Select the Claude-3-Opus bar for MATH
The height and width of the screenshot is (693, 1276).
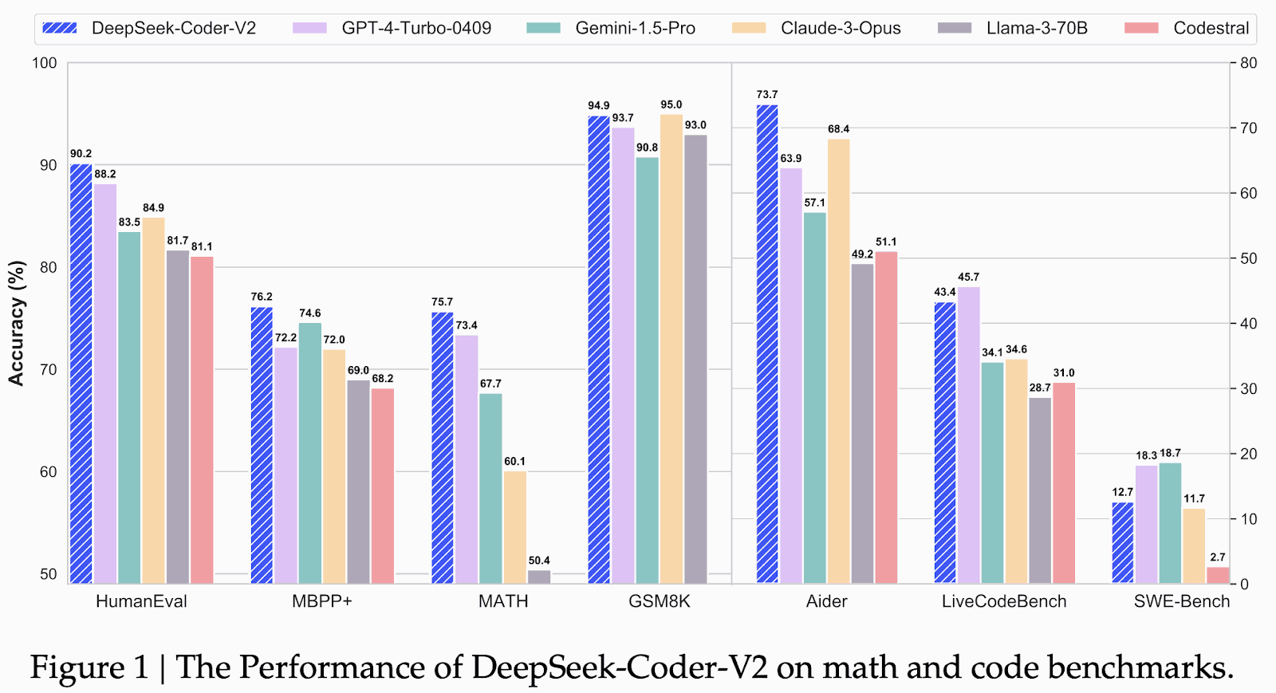tap(514, 527)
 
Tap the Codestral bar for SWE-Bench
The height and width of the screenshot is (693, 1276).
tap(1218, 575)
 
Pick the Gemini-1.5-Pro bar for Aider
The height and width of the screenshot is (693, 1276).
tap(815, 398)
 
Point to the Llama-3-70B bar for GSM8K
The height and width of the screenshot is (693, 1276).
tap(695, 359)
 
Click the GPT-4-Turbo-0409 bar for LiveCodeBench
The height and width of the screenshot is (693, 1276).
tap(969, 435)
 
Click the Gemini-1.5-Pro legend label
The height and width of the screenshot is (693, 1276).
tap(635, 29)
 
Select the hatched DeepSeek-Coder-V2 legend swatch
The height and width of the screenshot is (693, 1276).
tap(60, 29)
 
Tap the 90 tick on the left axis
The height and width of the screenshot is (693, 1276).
tap(49, 165)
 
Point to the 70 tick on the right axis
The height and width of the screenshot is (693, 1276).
tap(1248, 128)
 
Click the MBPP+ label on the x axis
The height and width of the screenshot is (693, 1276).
tap(321, 601)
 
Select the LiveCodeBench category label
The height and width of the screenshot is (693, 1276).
tap(1004, 601)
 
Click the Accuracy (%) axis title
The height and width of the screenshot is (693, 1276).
tap(16, 323)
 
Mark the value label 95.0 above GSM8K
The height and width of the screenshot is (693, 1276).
tap(671, 104)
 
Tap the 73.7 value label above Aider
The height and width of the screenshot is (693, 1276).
tap(767, 95)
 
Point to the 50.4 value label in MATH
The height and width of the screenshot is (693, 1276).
tap(539, 561)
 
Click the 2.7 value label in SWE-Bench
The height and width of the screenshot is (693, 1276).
tap(1218, 557)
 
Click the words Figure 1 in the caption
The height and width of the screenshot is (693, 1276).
tap(89, 667)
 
